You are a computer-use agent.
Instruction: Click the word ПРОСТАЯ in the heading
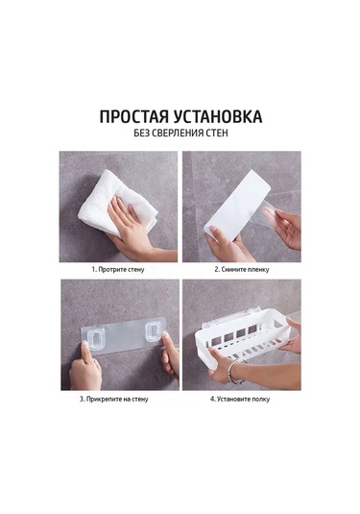(x=133, y=116)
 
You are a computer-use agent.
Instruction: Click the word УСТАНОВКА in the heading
(x=218, y=116)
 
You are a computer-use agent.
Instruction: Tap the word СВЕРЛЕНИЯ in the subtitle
(x=178, y=134)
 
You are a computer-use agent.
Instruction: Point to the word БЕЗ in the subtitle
(x=141, y=134)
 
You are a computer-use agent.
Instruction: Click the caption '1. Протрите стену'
(x=118, y=269)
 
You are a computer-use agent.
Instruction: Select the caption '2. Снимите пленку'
(x=242, y=269)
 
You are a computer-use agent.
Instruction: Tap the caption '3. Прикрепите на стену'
(x=114, y=399)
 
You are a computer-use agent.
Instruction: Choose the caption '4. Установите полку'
(x=240, y=399)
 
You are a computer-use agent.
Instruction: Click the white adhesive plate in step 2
(x=237, y=205)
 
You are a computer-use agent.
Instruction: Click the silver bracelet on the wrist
(x=235, y=371)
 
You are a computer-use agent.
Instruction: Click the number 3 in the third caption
(x=82, y=399)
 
